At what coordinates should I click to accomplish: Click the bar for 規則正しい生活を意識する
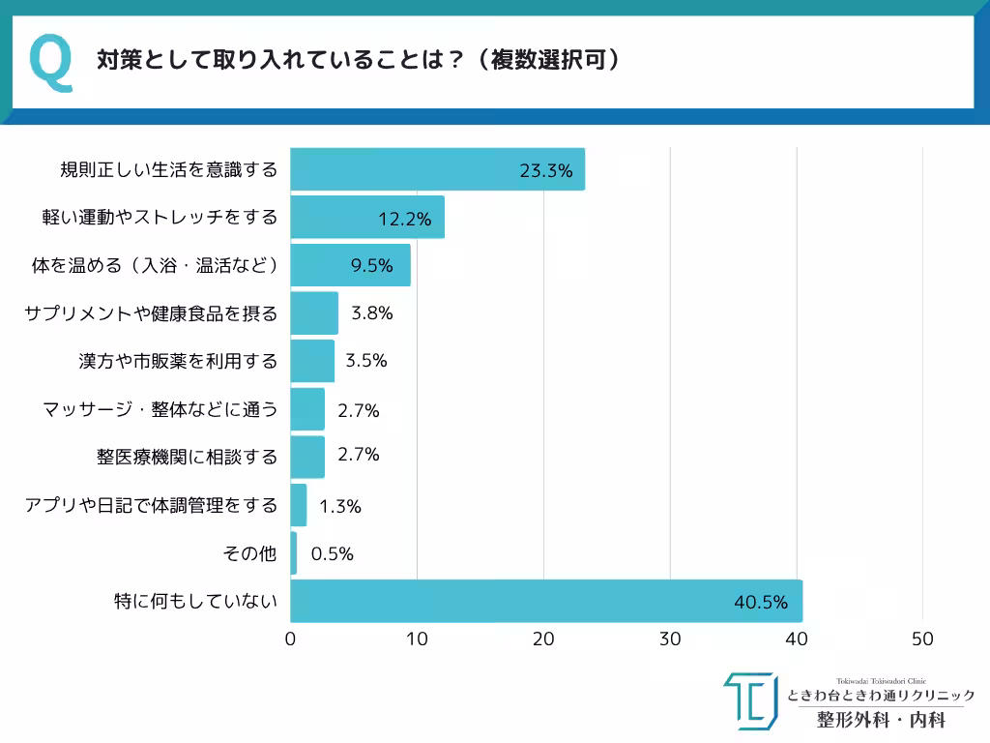(x=437, y=169)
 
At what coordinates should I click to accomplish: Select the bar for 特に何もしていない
(x=546, y=601)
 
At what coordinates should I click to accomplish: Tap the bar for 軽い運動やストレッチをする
(x=367, y=217)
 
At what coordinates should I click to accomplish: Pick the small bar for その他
(x=294, y=553)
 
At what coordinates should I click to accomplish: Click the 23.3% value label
(x=546, y=171)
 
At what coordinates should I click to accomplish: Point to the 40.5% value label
(x=761, y=603)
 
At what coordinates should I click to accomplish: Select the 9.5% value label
(x=372, y=266)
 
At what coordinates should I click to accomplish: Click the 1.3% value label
(x=339, y=506)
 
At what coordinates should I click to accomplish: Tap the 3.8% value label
(x=371, y=313)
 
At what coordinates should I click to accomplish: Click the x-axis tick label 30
(x=670, y=639)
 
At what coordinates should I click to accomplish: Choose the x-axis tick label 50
(x=922, y=639)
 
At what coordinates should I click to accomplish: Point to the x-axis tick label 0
(x=291, y=639)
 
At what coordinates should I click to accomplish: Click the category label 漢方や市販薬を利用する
(x=178, y=361)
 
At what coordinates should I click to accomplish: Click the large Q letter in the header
(x=51, y=63)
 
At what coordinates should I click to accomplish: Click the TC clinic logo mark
(x=751, y=700)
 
